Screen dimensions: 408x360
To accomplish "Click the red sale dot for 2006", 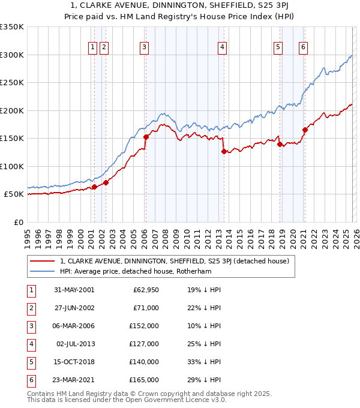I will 146,137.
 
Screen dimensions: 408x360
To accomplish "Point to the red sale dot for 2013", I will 223,151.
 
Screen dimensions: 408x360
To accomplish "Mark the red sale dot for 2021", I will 305,130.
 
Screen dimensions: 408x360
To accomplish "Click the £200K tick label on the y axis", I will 11,110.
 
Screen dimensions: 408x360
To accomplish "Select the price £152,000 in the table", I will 144,326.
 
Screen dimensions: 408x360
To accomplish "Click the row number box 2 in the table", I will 30,308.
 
